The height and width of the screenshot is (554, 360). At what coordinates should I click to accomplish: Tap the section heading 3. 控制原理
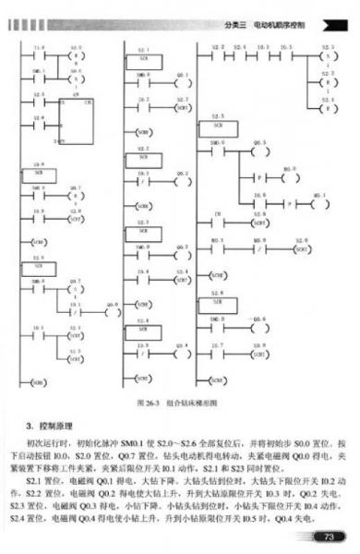pos(46,425)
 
